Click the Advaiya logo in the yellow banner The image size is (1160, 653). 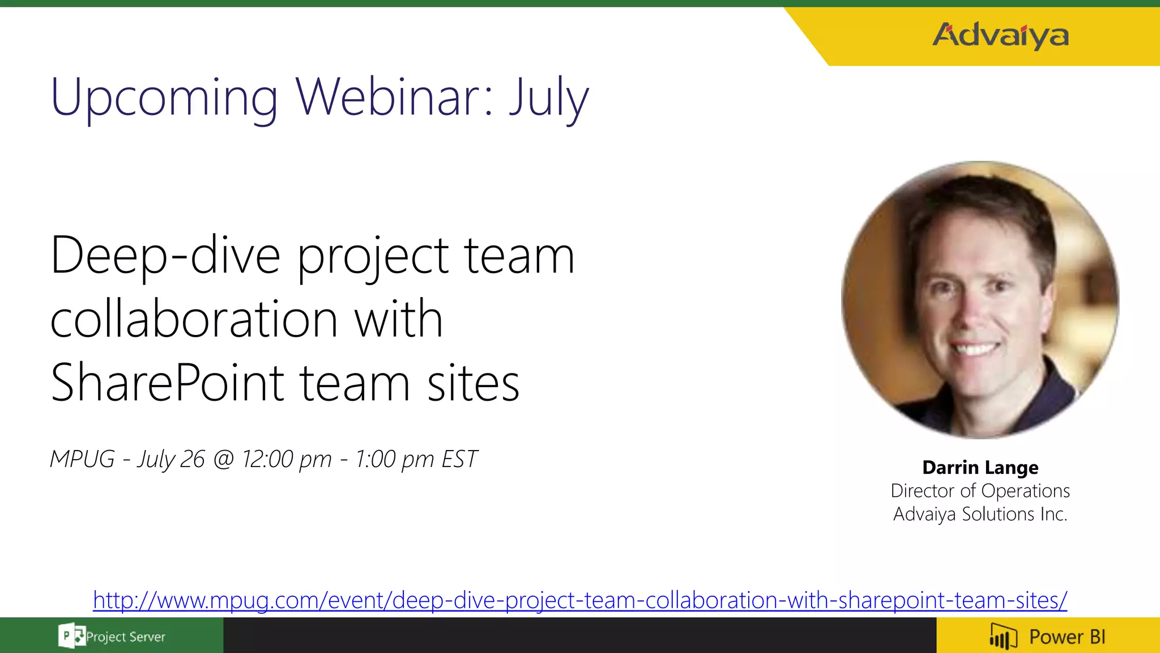tap(1000, 36)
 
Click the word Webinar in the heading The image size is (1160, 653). tap(387, 97)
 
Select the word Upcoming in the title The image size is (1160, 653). tap(164, 97)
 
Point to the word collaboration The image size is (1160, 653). tap(194, 320)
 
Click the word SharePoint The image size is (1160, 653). tap(167, 383)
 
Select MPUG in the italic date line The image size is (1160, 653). tap(82, 459)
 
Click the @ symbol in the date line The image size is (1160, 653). tap(223, 459)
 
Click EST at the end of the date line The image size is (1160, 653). tap(459, 459)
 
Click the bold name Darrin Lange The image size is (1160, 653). tap(980, 468)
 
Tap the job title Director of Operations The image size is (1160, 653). tap(980, 491)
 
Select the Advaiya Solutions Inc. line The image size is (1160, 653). tap(980, 514)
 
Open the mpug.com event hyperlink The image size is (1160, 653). tap(580, 600)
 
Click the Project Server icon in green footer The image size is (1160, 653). tap(71, 636)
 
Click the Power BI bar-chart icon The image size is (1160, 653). tap(1003, 637)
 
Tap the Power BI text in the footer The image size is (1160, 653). tap(1067, 637)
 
